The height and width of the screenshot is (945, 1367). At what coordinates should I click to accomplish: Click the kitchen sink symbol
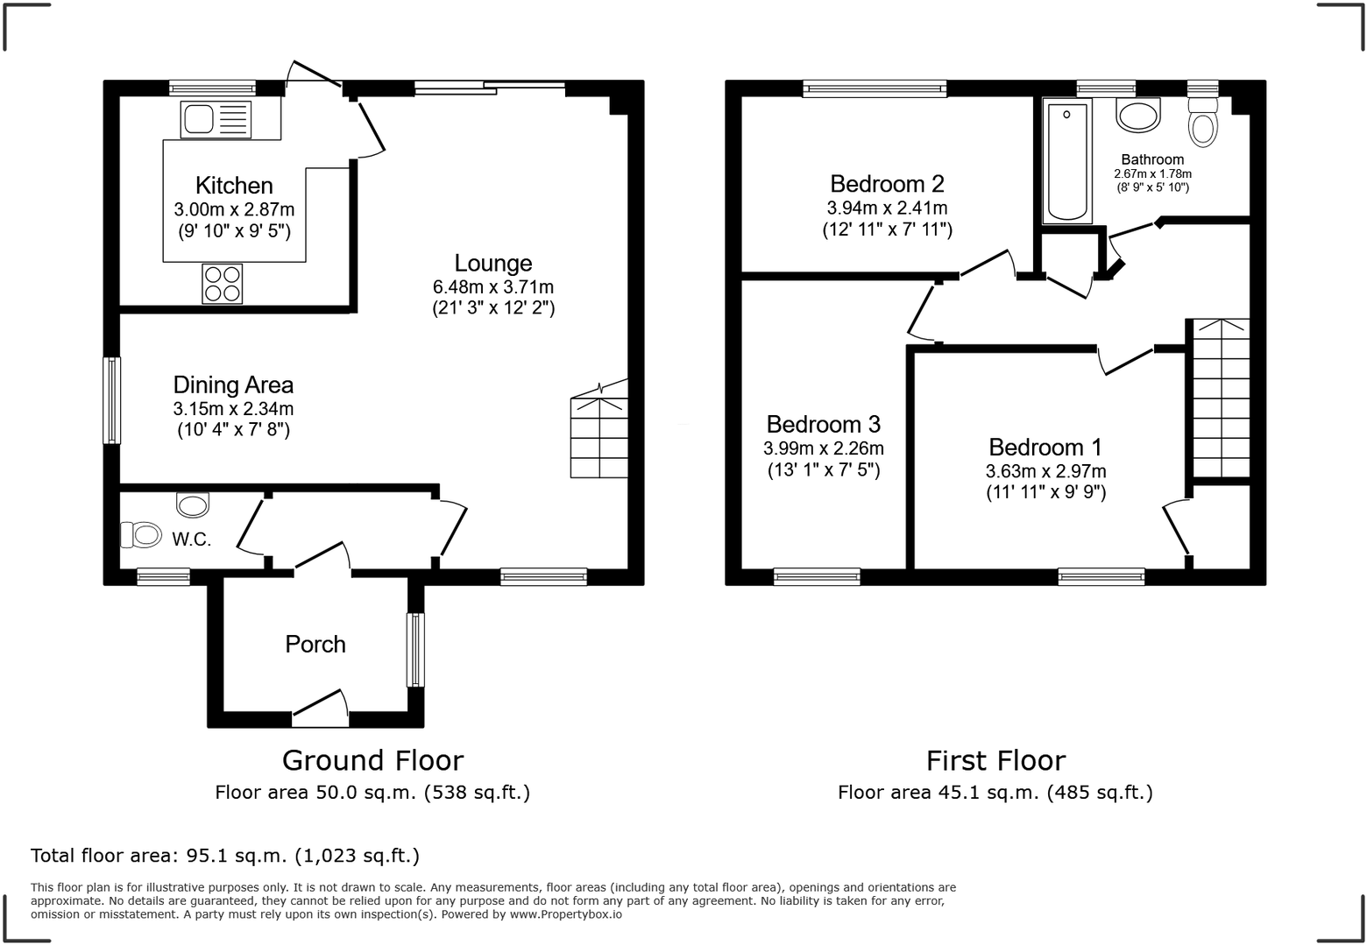216,120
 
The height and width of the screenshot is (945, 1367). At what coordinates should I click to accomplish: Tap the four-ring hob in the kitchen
223,283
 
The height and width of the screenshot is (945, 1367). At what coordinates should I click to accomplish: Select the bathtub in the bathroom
1066,161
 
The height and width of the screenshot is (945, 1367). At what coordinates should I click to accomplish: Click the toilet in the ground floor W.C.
141,534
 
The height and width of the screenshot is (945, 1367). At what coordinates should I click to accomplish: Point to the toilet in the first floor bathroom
1203,123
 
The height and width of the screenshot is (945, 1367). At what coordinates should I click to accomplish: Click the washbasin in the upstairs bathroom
1137,116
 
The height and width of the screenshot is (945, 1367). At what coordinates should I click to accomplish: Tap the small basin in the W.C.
193,504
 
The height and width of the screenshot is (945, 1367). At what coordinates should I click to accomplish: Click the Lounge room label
492,263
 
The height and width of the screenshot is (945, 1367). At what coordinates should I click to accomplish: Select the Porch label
315,645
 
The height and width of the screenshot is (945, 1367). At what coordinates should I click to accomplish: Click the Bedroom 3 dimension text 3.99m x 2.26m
823,448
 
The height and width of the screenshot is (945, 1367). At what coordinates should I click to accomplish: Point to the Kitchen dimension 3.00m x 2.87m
234,209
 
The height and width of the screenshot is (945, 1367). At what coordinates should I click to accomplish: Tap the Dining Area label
233,384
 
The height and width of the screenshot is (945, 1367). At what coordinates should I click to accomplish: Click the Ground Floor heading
372,760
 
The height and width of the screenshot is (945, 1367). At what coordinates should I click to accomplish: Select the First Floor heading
995,760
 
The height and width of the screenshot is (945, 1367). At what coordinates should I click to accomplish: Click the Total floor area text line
225,856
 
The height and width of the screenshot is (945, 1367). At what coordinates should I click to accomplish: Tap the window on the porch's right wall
415,649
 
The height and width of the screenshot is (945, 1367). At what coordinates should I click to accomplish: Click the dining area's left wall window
111,400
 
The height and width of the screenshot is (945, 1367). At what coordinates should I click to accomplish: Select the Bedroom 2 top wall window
875,88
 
